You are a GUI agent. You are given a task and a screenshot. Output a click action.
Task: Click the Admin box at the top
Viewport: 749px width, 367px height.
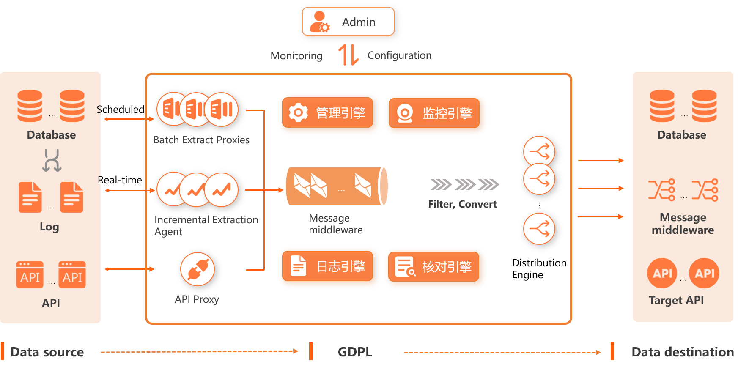click(348, 22)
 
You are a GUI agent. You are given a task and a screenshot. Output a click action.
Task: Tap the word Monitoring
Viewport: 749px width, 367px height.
click(296, 56)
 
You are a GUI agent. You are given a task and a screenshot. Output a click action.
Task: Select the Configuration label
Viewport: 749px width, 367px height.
click(400, 55)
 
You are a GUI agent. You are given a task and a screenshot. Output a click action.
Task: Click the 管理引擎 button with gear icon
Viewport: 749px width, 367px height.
click(328, 112)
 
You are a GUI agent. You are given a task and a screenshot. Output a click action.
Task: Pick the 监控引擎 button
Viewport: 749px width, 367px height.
click(434, 113)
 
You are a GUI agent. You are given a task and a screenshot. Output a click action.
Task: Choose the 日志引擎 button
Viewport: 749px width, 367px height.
click(328, 266)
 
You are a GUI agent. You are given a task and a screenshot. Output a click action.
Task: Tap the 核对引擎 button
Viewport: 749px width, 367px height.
click(434, 266)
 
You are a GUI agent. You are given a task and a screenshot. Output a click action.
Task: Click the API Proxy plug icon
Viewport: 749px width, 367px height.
click(198, 269)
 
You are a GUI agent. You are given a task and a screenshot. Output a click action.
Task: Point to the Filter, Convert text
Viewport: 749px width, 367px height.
click(462, 204)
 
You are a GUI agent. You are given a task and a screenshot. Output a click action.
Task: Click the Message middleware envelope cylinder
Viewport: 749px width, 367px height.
click(337, 186)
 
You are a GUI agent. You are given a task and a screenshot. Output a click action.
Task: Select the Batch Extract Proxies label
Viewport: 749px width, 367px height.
click(201, 140)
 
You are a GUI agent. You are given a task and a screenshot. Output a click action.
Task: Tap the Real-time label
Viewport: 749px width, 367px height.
click(120, 180)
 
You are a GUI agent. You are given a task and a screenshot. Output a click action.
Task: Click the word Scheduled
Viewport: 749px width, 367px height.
click(121, 110)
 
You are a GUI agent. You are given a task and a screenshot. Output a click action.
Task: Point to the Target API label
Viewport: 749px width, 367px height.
click(676, 300)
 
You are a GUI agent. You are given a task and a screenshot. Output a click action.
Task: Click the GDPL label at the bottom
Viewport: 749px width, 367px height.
click(355, 352)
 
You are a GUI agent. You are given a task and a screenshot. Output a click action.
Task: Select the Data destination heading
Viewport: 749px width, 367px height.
click(683, 352)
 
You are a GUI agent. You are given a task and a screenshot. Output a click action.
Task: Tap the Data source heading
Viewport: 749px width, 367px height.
click(47, 352)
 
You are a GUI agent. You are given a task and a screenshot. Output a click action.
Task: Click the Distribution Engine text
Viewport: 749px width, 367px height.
click(539, 269)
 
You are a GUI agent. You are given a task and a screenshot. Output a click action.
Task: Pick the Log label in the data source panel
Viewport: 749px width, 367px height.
click(49, 227)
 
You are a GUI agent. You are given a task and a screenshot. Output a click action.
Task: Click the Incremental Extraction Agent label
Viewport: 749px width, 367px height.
click(206, 226)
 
